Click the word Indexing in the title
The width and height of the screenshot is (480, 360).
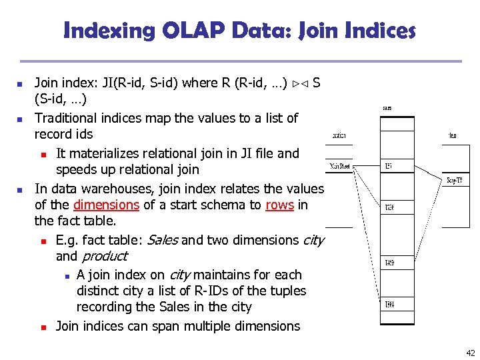111,30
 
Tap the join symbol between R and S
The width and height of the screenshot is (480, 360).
299,83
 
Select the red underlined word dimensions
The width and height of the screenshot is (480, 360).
106,205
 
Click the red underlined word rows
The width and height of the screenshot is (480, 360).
279,205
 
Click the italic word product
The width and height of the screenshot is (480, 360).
104,256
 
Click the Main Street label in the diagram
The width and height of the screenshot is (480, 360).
339,166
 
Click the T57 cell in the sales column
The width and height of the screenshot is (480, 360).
388,166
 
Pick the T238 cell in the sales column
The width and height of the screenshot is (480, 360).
389,208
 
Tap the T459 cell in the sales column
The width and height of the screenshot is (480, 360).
389,263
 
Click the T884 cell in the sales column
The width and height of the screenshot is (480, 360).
389,305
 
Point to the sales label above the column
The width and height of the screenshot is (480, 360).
387,108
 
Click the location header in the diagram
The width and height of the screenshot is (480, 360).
339,136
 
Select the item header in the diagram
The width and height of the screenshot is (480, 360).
453,136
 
